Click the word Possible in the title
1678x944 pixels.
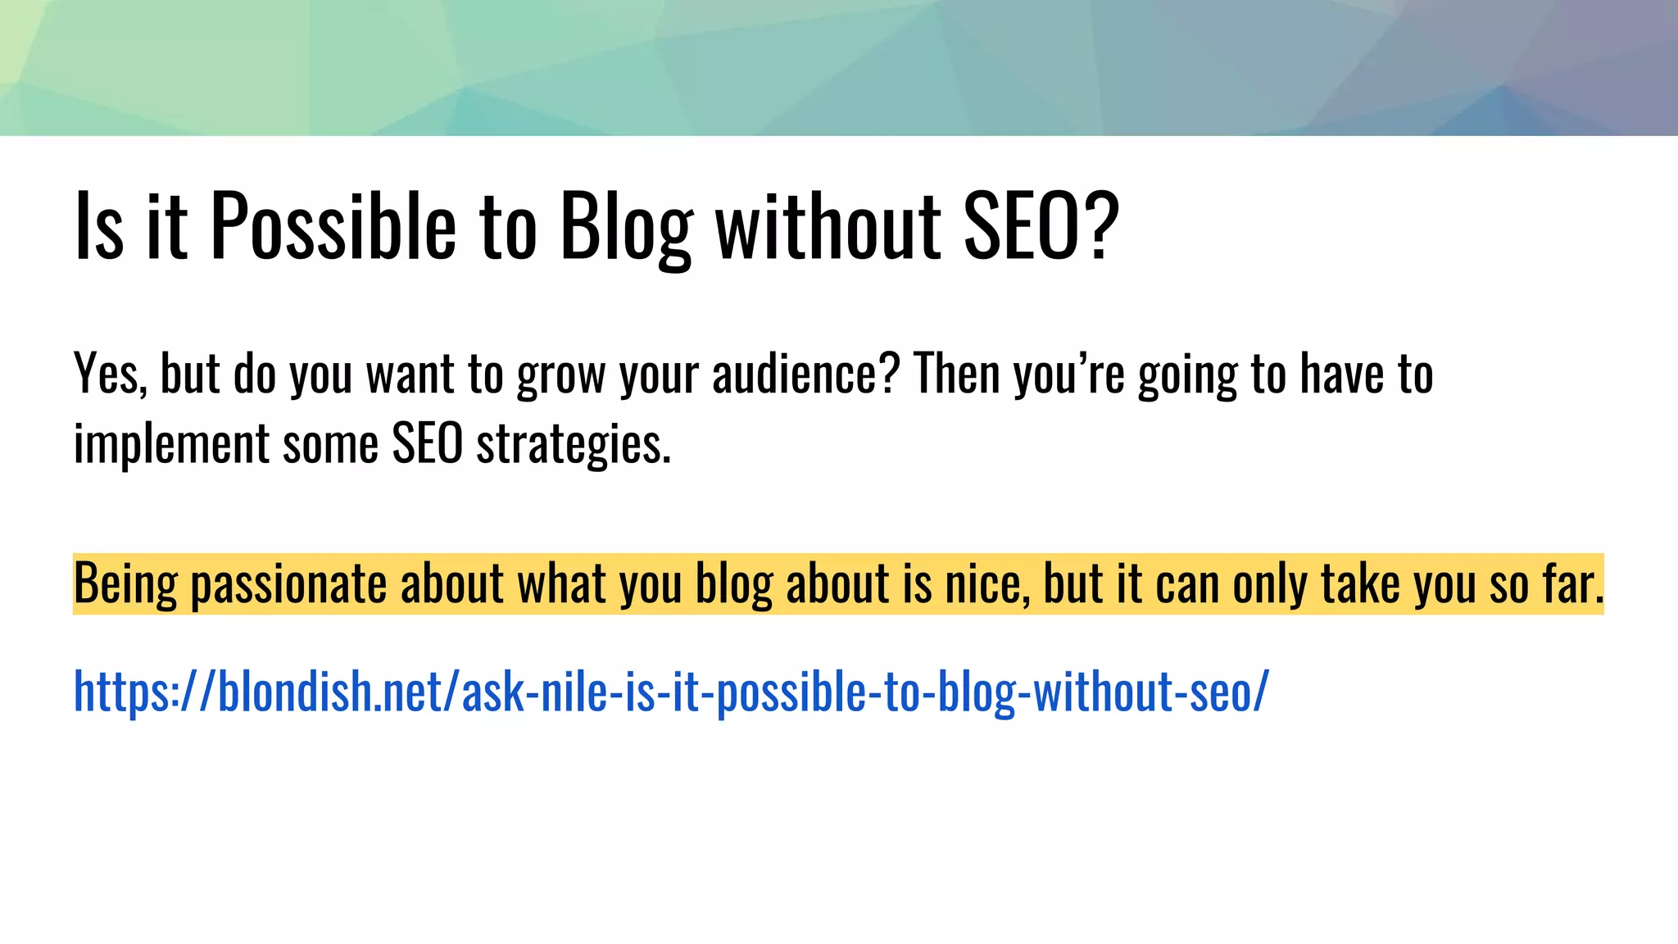click(333, 225)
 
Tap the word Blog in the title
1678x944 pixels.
click(626, 227)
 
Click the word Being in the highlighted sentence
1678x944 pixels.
click(125, 585)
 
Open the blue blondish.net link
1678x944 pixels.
click(671, 691)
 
